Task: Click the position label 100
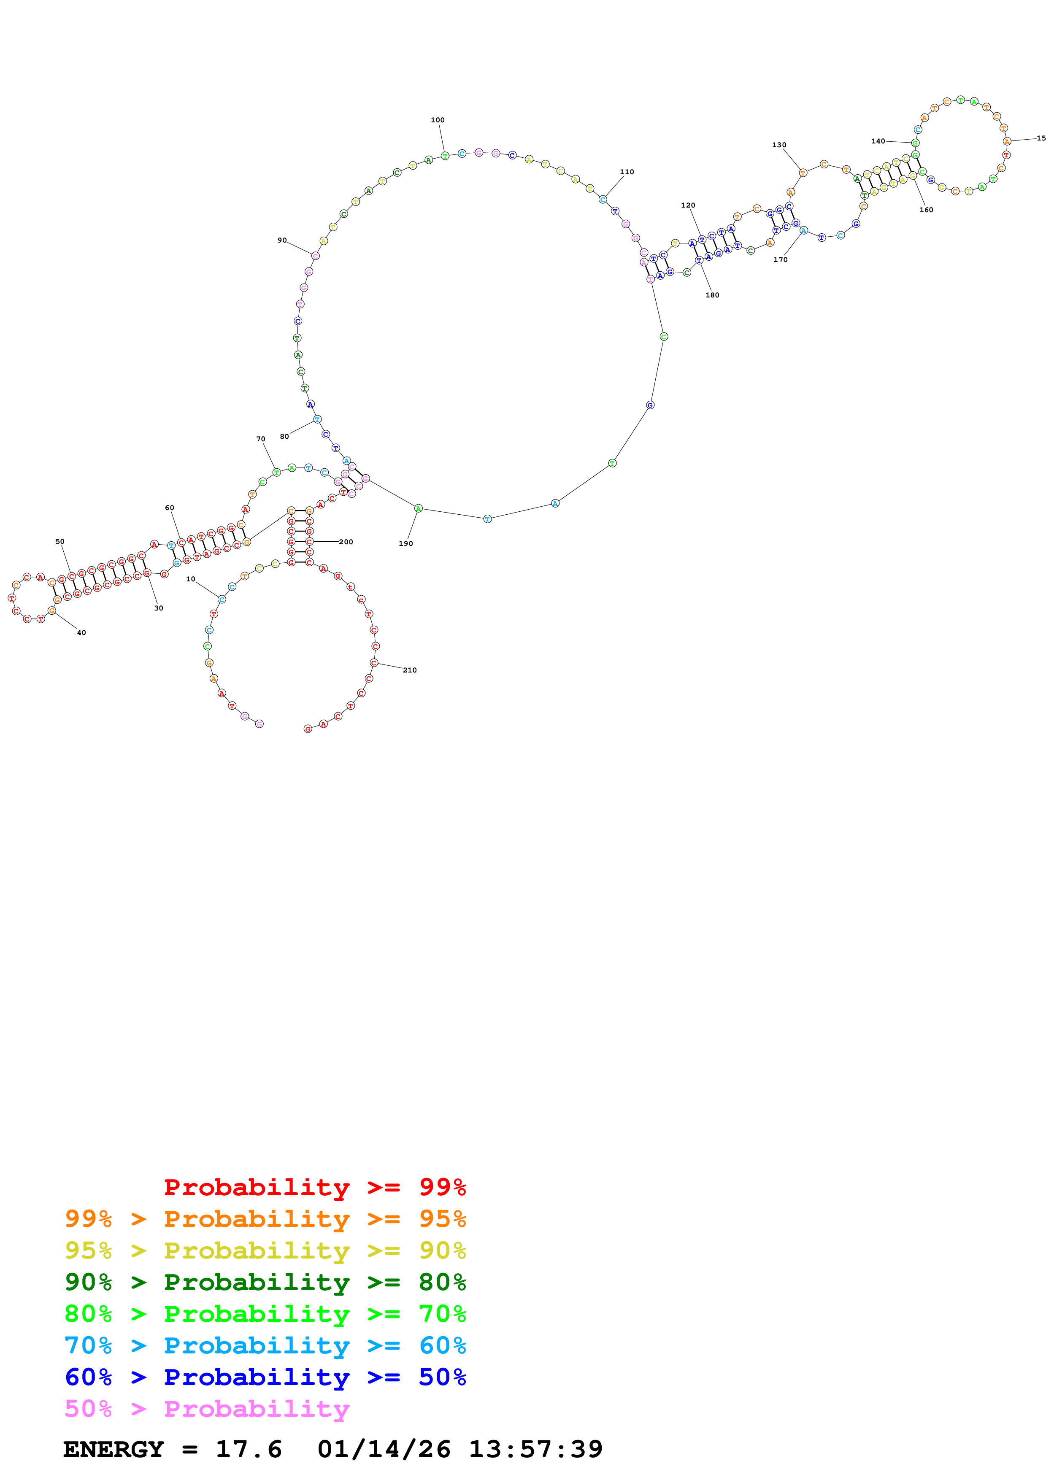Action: click(x=437, y=120)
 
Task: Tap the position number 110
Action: click(x=627, y=172)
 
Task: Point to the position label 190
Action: click(x=405, y=543)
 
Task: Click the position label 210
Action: click(x=410, y=670)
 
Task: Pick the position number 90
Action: click(x=282, y=240)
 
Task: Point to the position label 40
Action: click(x=81, y=632)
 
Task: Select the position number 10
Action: click(x=191, y=579)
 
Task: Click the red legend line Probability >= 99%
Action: click(x=314, y=1187)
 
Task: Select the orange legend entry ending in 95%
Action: click(x=265, y=1219)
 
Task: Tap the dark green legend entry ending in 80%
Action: click(x=265, y=1282)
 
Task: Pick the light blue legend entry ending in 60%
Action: click(x=265, y=1345)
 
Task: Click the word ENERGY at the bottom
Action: click(x=114, y=1449)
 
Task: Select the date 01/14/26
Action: click(x=384, y=1449)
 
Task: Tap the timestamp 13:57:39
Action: click(x=535, y=1449)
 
